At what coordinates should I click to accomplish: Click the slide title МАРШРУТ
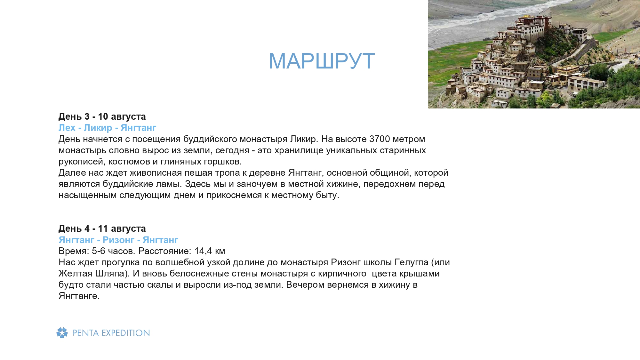pyautogui.click(x=322, y=61)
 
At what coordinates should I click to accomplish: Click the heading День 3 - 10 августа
pyautogui.click(x=102, y=116)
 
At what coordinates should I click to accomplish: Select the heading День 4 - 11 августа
pyautogui.click(x=102, y=228)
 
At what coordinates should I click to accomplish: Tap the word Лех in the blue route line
pyautogui.click(x=67, y=128)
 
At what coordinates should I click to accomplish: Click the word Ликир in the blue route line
pyautogui.click(x=98, y=128)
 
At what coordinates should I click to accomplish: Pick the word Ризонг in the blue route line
pyautogui.click(x=118, y=240)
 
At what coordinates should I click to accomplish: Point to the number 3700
pyautogui.click(x=380, y=139)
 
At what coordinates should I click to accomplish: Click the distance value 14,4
pyautogui.click(x=203, y=251)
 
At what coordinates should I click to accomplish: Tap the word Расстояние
pyautogui.click(x=165, y=251)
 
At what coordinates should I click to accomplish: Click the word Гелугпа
pyautogui.click(x=412, y=262)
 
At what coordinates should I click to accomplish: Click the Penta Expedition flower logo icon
pyautogui.click(x=62, y=333)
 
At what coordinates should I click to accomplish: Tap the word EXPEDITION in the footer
pyautogui.click(x=126, y=333)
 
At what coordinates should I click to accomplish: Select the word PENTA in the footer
pyautogui.click(x=86, y=333)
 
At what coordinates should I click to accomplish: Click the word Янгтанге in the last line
pyautogui.click(x=79, y=296)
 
